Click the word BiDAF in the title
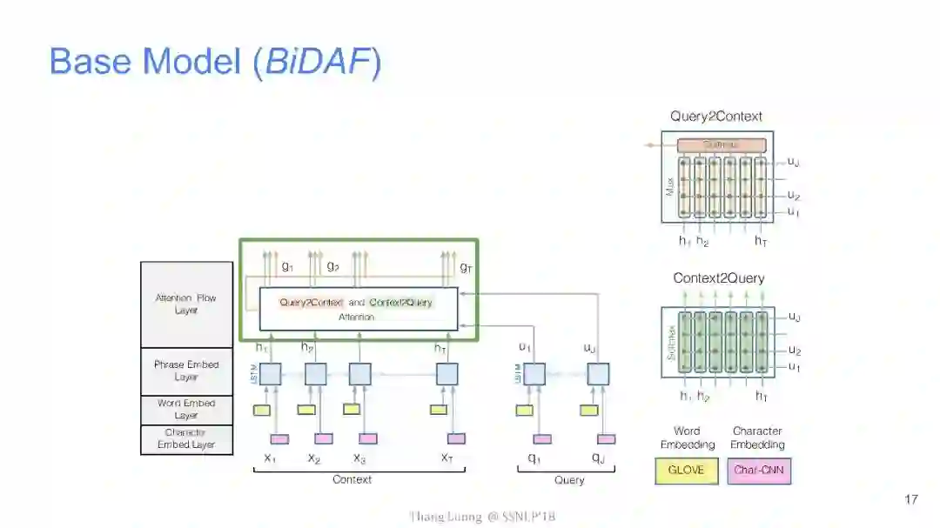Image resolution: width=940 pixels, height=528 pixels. click(x=317, y=62)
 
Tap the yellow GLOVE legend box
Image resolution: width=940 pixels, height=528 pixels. click(x=687, y=471)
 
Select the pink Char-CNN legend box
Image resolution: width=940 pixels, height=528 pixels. click(x=759, y=471)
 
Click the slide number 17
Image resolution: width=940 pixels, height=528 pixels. click(x=911, y=499)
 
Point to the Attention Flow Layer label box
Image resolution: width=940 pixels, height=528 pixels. click(x=186, y=304)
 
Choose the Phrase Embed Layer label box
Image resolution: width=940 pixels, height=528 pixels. click(x=186, y=371)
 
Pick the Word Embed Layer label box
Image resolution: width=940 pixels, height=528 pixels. click(x=186, y=410)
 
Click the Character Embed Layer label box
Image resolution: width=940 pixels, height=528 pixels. click(x=186, y=439)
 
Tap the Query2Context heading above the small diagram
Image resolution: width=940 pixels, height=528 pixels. click(x=716, y=117)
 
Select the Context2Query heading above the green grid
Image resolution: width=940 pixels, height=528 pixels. click(x=719, y=278)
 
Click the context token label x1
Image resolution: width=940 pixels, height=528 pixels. click(x=270, y=458)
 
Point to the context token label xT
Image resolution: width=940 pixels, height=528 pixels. click(x=446, y=458)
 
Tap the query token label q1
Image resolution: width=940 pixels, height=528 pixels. click(x=534, y=458)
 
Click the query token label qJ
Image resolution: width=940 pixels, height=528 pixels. click(x=598, y=458)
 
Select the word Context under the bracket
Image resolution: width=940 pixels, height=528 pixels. click(x=352, y=479)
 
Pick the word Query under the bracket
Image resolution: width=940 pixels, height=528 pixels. click(x=569, y=479)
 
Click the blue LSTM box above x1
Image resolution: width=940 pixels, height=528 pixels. click(x=271, y=374)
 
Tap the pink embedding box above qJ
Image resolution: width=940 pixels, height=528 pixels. click(x=607, y=438)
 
